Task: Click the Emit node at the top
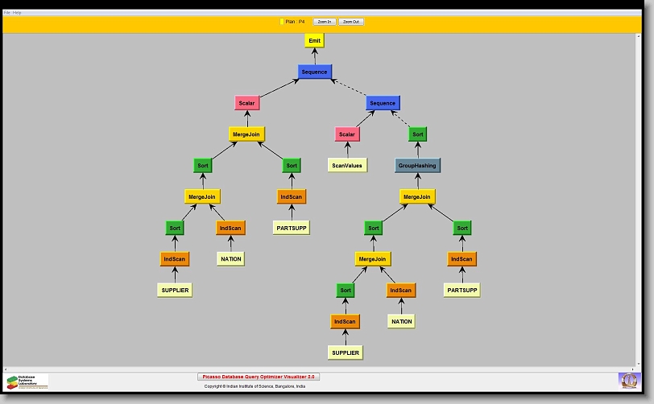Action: tap(314, 40)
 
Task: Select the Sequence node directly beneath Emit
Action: tap(314, 72)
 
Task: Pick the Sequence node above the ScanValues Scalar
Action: tap(383, 103)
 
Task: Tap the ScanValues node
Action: tap(348, 165)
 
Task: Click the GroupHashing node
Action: tap(417, 165)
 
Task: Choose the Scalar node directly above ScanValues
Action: tap(346, 134)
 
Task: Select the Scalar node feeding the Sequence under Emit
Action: tap(246, 103)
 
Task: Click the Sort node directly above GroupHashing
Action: tap(417, 134)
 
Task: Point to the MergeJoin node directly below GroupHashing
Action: tap(417, 196)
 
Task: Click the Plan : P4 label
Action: tap(295, 22)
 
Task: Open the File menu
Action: tap(6, 13)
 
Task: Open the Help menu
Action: tap(17, 13)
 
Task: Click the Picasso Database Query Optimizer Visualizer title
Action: tap(259, 377)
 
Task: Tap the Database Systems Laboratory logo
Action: tap(27, 381)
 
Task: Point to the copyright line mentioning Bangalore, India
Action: tap(255, 386)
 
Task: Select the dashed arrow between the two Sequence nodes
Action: tap(349, 87)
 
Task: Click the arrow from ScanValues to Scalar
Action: tap(347, 150)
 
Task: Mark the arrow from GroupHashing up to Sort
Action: tap(417, 150)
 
